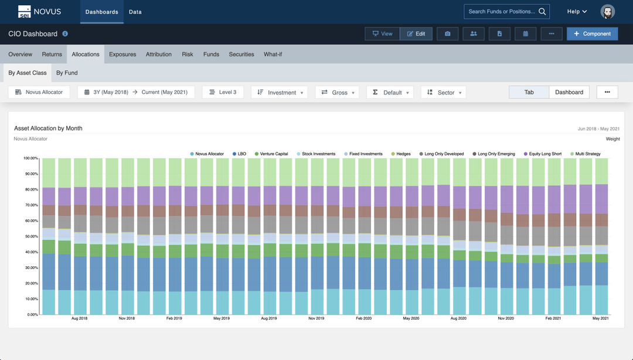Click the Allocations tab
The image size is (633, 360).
(x=86, y=55)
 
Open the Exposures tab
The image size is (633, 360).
(x=122, y=55)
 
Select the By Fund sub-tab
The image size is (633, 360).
(x=67, y=73)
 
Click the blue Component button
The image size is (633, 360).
(x=592, y=34)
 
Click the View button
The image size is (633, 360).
(x=382, y=34)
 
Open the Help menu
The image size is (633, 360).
(x=577, y=12)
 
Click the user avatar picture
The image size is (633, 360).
(x=607, y=12)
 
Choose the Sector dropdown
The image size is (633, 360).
(x=444, y=93)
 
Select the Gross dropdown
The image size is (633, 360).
(x=338, y=93)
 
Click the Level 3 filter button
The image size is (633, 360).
(x=223, y=93)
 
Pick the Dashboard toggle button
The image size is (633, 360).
(x=569, y=93)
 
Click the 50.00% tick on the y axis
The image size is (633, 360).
(x=30, y=236)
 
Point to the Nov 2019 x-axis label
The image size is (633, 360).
(x=316, y=318)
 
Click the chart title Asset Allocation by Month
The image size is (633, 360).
(x=48, y=128)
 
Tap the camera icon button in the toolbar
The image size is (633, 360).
(x=448, y=34)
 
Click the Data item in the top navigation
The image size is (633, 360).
(x=135, y=12)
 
